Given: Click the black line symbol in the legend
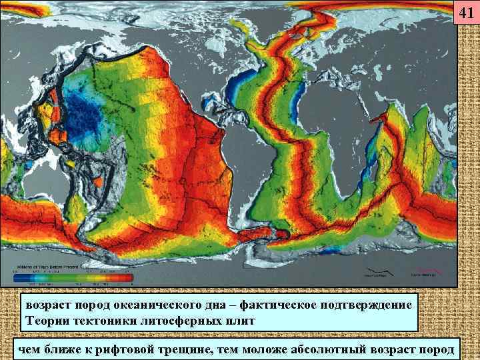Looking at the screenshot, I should coord(375,272).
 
